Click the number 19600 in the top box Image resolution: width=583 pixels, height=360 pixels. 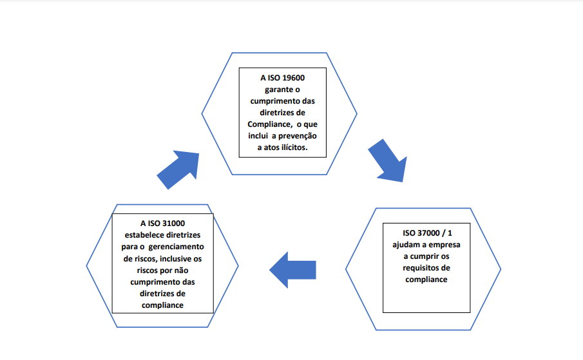point(293,78)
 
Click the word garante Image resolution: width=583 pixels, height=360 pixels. point(278,90)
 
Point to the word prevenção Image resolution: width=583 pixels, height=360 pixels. point(298,136)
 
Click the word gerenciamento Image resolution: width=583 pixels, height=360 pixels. point(177,247)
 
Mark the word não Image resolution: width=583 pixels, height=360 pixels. point(181,270)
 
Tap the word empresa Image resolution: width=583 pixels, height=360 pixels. point(444,245)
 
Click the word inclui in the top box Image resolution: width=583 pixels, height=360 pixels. point(258,136)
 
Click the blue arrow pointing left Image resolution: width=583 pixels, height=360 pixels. point(292,270)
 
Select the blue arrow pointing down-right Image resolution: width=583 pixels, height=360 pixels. point(389,162)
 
